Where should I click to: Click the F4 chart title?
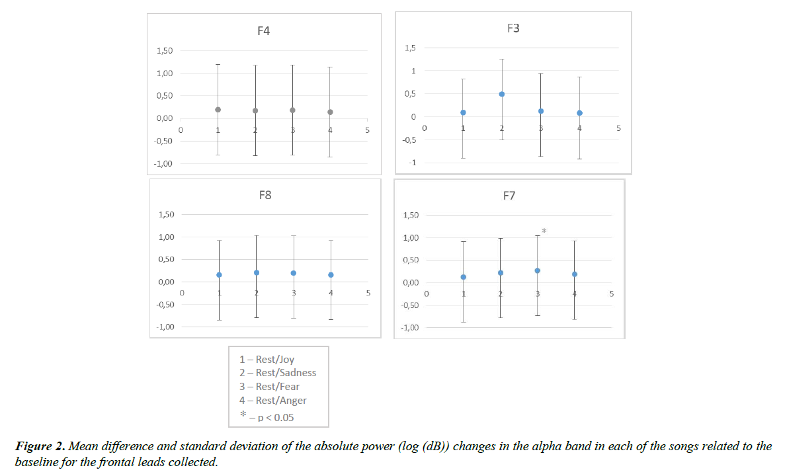click(263, 31)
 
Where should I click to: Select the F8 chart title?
click(265, 195)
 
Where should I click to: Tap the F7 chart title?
click(509, 196)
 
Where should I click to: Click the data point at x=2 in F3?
click(502, 94)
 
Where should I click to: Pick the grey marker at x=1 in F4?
click(218, 110)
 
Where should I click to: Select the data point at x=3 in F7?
click(537, 270)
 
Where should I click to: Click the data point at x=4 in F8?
click(331, 274)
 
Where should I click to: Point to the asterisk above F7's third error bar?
click(544, 231)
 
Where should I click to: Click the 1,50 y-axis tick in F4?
click(165, 51)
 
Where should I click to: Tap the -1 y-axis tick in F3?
click(412, 163)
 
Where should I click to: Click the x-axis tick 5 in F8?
click(369, 293)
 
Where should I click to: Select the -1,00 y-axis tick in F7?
click(410, 328)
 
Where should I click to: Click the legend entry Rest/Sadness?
click(278, 373)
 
